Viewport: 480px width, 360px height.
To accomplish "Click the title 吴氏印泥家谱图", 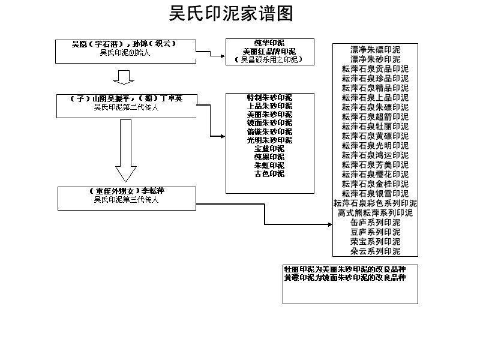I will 231,13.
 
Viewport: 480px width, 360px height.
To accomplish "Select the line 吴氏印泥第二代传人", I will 126,107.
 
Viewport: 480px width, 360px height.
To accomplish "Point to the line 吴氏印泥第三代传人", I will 126,200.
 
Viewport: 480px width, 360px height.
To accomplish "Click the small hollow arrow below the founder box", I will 124,77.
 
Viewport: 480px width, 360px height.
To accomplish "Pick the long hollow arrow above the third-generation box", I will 125,150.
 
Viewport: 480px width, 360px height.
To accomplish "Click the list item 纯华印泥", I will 269,43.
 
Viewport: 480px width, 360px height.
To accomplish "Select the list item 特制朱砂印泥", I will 269,98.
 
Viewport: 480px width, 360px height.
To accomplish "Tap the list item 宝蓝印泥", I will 269,148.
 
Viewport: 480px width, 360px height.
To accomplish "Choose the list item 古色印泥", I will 269,174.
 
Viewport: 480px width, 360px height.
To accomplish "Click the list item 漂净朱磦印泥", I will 375,50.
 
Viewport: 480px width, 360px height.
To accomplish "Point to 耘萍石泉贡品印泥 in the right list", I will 375,69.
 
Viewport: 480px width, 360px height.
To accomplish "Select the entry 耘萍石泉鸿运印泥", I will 375,155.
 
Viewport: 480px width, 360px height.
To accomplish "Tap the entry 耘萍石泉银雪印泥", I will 375,194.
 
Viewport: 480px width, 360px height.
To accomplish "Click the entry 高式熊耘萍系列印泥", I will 375,213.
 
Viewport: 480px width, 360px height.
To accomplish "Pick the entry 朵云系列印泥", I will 375,251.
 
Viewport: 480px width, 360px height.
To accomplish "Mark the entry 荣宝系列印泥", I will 375,242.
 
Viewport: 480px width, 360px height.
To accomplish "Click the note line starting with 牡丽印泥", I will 345,269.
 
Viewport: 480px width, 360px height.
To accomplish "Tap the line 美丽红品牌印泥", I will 269,52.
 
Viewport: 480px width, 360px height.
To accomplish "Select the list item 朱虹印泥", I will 269,165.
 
